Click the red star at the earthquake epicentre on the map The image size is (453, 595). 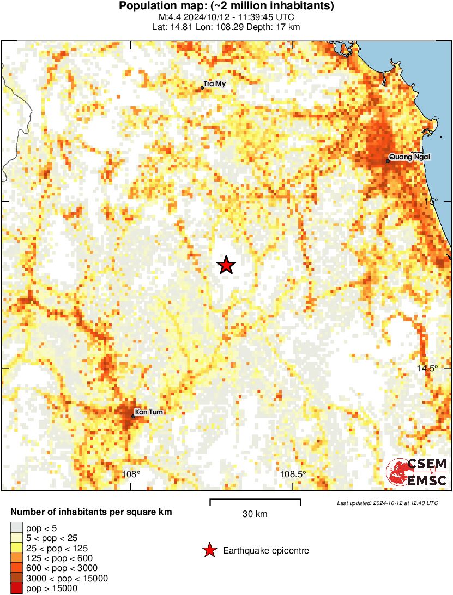tap(226, 265)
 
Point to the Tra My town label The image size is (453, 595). tap(214, 84)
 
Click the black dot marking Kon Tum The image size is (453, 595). tap(133, 416)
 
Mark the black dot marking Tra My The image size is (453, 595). tap(202, 87)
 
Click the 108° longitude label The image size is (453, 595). tap(131, 474)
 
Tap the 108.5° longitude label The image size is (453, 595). tap(293, 474)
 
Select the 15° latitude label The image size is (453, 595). tap(432, 201)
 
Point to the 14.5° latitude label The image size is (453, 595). tap(427, 368)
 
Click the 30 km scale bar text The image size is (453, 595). tap(255, 514)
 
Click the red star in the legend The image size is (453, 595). tap(209, 551)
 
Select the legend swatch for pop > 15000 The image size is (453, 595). tap(17, 588)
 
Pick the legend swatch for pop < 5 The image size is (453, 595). tap(17, 528)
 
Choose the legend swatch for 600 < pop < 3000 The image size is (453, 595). tap(17, 568)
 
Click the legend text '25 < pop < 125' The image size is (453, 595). tap(57, 548)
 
